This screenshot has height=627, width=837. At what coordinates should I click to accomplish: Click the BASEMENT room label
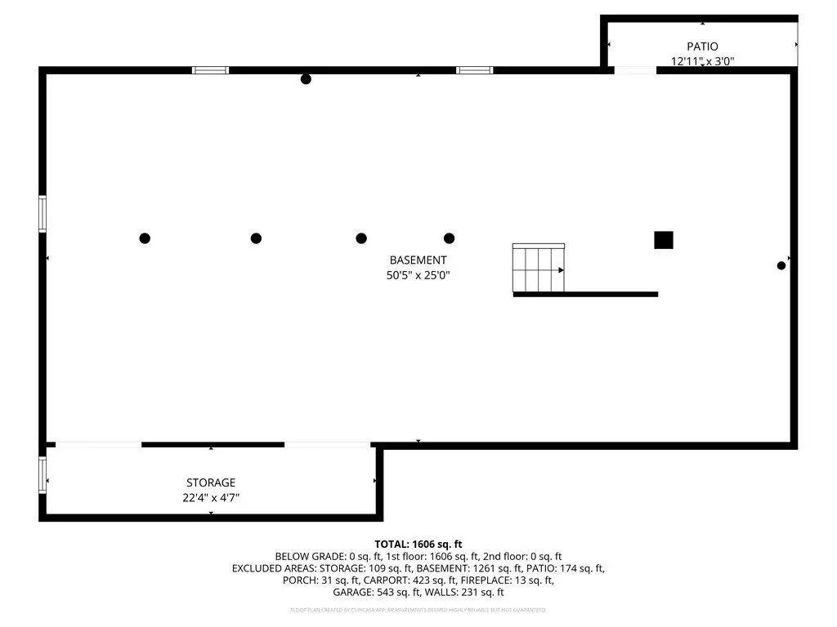click(x=418, y=260)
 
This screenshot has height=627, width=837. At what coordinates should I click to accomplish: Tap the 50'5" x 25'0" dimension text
click(x=418, y=276)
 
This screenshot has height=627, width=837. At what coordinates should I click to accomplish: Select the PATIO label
click(x=702, y=47)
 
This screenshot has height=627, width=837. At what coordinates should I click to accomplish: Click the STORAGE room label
click(x=211, y=482)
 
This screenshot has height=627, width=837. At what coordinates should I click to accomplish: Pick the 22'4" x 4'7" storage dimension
click(x=211, y=497)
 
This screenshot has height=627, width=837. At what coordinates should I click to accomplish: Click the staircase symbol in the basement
click(x=538, y=268)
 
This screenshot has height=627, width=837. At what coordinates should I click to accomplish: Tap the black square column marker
click(x=663, y=240)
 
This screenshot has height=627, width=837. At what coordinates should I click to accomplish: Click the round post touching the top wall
click(x=306, y=79)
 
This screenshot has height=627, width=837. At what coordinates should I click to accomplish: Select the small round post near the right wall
click(x=781, y=265)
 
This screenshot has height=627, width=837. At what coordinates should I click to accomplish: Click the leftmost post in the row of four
click(x=145, y=238)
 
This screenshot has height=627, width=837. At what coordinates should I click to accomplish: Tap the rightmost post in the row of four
click(x=449, y=238)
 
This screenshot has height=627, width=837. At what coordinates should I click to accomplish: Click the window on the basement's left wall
click(x=43, y=214)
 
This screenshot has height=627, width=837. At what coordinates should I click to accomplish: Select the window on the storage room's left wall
click(x=43, y=475)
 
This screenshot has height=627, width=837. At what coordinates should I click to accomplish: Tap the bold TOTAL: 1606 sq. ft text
click(x=418, y=544)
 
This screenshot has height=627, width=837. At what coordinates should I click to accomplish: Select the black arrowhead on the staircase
click(x=561, y=270)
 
